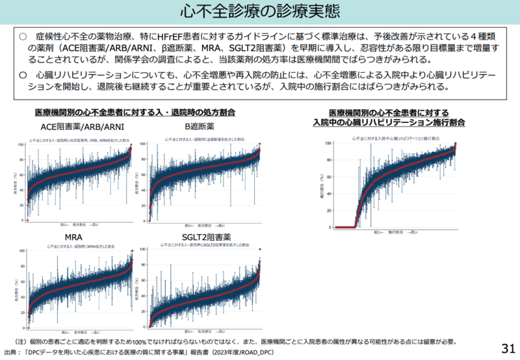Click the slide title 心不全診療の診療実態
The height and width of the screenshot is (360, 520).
pos(259,12)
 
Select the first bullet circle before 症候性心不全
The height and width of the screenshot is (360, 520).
pos(23,37)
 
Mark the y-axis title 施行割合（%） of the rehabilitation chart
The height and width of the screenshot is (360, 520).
pos(320,185)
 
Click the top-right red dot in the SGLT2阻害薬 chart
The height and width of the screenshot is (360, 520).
pos(259,250)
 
